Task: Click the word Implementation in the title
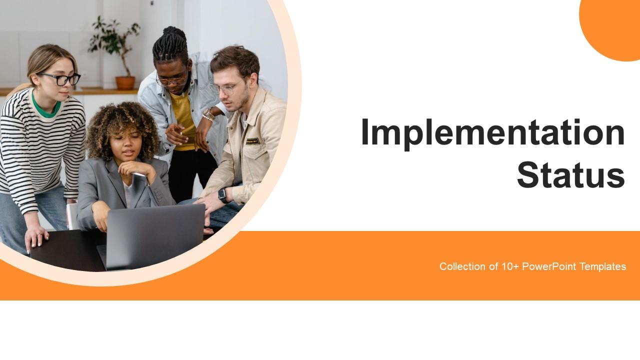pyautogui.click(x=492, y=133)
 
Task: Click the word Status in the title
pyautogui.click(x=570, y=175)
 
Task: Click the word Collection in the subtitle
pyautogui.click(x=462, y=266)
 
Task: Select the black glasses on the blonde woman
pyautogui.click(x=60, y=79)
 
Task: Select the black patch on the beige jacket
pyautogui.click(x=253, y=141)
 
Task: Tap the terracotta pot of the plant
pyautogui.click(x=125, y=82)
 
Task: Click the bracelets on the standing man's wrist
pyautogui.click(x=208, y=115)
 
